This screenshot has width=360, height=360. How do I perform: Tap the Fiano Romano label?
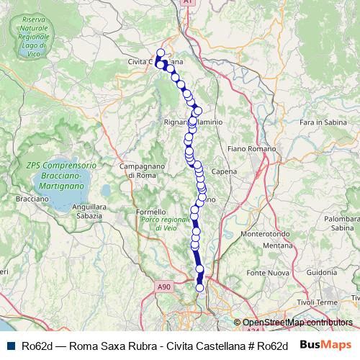point(246,148)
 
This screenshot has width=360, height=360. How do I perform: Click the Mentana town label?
point(276,246)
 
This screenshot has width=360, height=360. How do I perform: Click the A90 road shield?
point(165,287)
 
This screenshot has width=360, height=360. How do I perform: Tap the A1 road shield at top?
point(187,4)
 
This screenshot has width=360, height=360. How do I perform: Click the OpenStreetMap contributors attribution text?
point(297,323)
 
